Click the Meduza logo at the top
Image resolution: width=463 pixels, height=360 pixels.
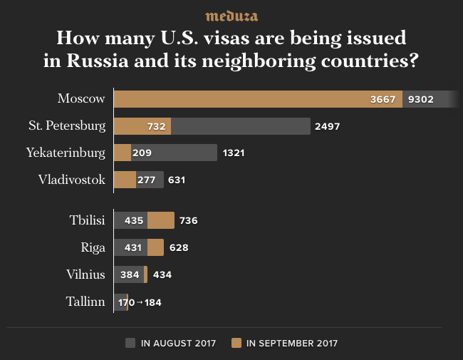231,16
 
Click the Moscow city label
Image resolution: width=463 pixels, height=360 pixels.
81,98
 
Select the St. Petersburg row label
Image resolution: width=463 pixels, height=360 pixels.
67,125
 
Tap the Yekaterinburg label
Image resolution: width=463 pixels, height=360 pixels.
66,153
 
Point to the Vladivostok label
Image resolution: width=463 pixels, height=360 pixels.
72,180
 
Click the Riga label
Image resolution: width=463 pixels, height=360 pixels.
93,247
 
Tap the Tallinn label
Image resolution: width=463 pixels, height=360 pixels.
85,302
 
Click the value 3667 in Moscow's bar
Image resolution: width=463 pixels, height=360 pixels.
384,99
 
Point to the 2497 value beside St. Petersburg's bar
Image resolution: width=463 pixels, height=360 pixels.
327,126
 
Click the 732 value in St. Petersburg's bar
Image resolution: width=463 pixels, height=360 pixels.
157,126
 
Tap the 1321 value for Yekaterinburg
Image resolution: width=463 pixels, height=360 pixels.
234,153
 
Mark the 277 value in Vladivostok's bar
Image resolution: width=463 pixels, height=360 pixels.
146,180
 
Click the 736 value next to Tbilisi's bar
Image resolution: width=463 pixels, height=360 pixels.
188,221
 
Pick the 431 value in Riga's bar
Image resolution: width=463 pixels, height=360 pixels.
133,248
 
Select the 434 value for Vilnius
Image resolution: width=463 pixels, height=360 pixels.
162,275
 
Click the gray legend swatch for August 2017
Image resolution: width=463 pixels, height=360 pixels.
130,343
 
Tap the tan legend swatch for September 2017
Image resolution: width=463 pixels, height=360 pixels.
236,343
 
